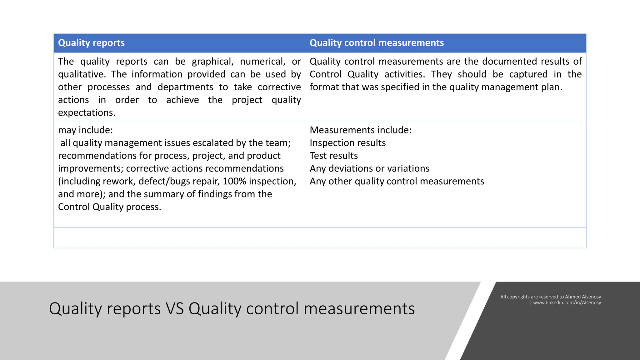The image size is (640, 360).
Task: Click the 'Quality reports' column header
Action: coord(91,43)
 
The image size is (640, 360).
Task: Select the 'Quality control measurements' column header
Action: coord(377,43)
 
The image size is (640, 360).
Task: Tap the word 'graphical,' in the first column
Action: coord(212,62)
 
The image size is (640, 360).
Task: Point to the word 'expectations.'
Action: coord(87,112)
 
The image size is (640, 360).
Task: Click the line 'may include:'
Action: coord(85,130)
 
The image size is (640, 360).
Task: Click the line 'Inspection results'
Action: coord(347,143)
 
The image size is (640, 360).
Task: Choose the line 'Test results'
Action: coord(333,156)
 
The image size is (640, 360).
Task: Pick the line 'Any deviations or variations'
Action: coord(369,168)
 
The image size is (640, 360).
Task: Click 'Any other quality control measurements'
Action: coord(397,181)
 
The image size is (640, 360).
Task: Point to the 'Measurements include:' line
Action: coord(360,130)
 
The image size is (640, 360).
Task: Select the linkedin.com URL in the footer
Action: coord(567,302)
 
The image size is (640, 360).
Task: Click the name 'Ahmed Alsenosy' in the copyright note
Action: coord(583,297)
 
